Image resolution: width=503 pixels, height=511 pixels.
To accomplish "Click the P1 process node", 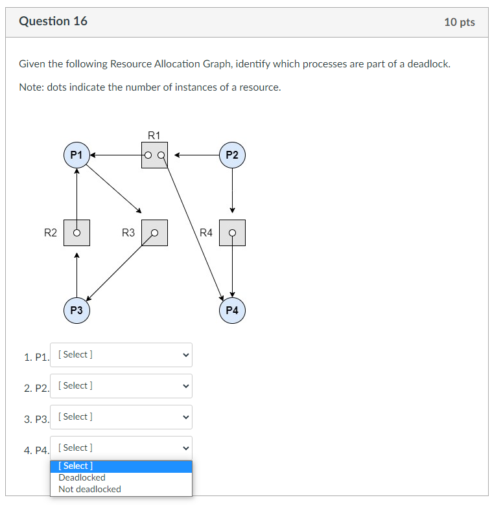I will click(76, 155).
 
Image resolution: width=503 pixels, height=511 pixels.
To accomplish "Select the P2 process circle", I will click(232, 155).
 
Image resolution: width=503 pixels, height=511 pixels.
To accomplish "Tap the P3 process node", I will click(76, 310).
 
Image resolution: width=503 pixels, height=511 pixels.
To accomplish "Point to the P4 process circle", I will click(232, 310).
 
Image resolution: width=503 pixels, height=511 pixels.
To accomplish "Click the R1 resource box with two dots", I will click(154, 155).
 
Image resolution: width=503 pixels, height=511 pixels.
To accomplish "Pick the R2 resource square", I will click(76, 233).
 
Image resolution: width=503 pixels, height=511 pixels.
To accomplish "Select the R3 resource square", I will click(154, 233).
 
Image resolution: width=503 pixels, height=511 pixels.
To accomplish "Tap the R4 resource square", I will click(232, 233).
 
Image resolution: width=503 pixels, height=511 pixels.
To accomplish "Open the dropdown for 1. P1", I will click(121, 355).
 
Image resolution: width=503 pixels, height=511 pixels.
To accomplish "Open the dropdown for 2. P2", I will click(121, 386).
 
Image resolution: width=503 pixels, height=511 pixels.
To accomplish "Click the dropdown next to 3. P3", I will click(121, 417).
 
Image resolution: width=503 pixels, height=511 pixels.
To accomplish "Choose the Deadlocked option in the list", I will click(82, 478).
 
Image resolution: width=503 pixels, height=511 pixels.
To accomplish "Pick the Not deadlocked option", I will click(89, 490).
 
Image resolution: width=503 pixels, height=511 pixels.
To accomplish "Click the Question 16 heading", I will click(53, 21).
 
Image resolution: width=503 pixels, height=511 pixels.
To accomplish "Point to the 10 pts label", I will click(459, 22).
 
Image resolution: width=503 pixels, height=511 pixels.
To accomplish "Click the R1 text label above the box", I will click(154, 135).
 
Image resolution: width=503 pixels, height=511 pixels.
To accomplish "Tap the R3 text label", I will click(128, 233).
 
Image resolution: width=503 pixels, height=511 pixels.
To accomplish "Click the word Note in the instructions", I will click(30, 87).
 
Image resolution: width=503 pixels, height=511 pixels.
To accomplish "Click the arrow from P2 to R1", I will click(197, 155).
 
